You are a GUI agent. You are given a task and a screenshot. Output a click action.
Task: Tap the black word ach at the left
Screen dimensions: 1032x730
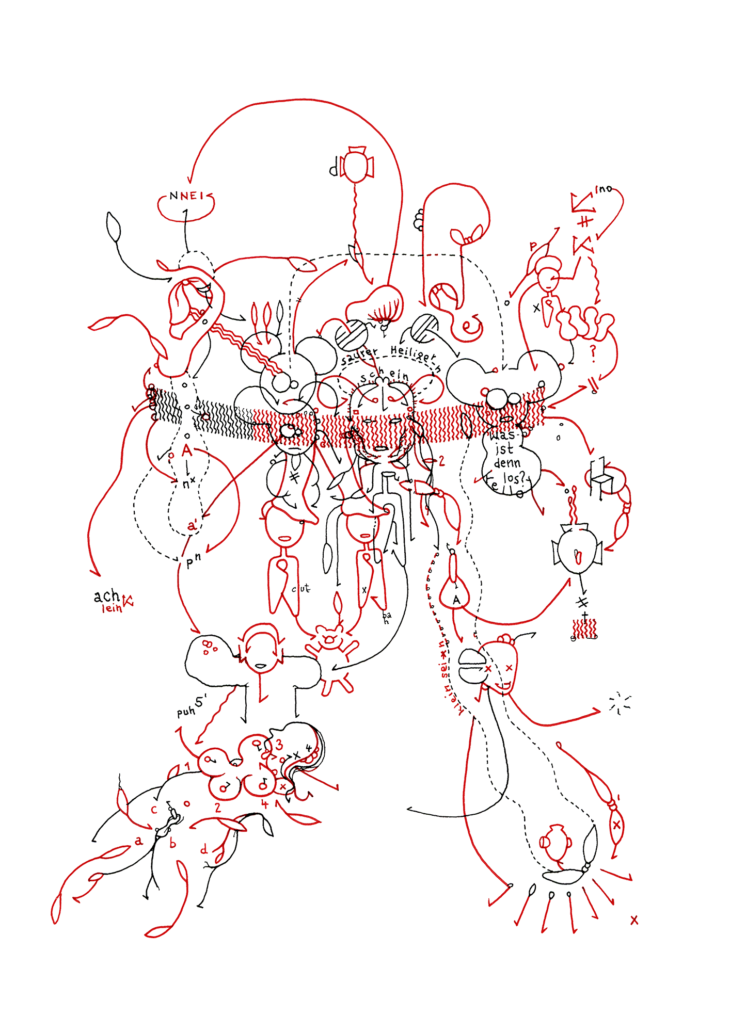pyautogui.click(x=107, y=596)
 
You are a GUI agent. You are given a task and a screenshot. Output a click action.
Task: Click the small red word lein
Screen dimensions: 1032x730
pyautogui.click(x=112, y=609)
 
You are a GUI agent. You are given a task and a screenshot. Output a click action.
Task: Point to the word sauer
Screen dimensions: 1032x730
pyautogui.click(x=359, y=356)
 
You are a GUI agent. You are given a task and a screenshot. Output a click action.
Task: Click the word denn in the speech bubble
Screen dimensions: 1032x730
pyautogui.click(x=507, y=463)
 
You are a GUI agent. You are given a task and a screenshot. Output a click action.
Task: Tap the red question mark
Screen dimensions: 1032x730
pyautogui.click(x=593, y=353)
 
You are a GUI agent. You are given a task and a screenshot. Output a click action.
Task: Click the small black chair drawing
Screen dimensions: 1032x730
pyautogui.click(x=601, y=477)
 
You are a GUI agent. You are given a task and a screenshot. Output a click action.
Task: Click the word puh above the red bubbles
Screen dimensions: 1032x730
pyautogui.click(x=186, y=712)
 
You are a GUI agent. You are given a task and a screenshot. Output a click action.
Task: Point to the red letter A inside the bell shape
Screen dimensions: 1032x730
pyautogui.click(x=456, y=600)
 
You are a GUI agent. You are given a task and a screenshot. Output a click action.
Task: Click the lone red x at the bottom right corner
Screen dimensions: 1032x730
pyautogui.click(x=634, y=920)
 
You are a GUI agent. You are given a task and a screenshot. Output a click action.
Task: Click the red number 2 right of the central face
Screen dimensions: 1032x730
pyautogui.click(x=441, y=461)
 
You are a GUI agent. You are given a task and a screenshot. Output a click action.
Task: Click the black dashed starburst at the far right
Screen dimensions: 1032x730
pyautogui.click(x=620, y=703)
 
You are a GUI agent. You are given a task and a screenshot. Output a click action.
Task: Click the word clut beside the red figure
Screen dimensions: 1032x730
pyautogui.click(x=301, y=588)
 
